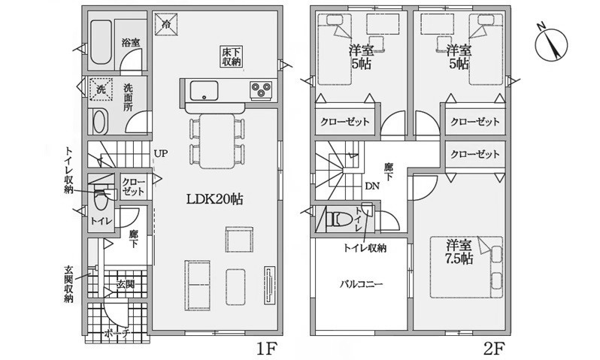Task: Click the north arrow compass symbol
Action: point(552,45)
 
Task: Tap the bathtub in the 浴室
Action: point(101,43)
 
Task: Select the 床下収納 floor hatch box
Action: point(232,56)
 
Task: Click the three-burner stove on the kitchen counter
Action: point(262,91)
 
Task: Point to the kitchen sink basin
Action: point(204,91)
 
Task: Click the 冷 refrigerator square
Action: point(166,24)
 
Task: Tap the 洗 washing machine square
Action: point(101,89)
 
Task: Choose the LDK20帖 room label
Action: point(214,199)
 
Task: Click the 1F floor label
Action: point(266,349)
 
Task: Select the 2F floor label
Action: point(494,349)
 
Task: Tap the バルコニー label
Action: point(361,284)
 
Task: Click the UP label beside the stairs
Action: point(161,154)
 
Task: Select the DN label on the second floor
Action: point(372,186)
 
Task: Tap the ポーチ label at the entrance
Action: point(117,334)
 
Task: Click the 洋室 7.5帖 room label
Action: point(459,252)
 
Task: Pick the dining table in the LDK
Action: point(217,141)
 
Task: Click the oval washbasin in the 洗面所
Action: point(99,122)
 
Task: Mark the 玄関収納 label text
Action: point(68,283)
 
